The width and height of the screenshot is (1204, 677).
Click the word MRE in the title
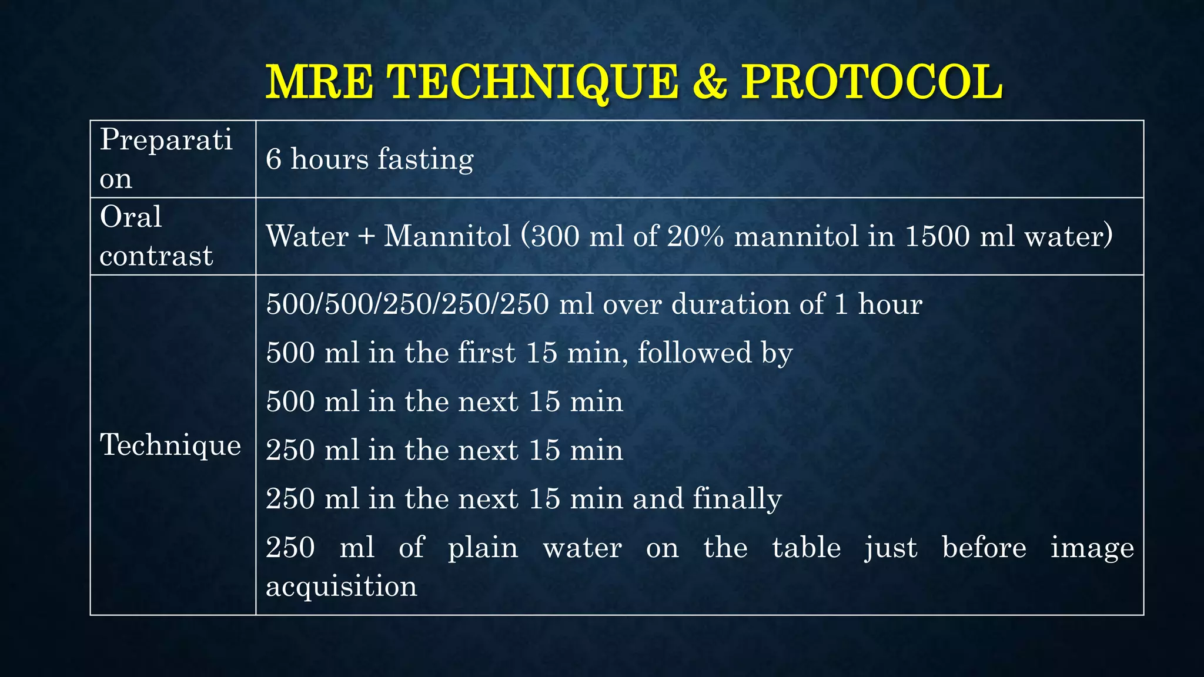coord(319,82)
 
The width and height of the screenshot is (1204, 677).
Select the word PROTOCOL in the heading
coord(872,82)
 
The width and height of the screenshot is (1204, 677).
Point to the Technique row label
coord(170,444)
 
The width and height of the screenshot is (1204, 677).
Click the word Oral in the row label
coord(131,217)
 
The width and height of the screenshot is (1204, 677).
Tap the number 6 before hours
coord(274,159)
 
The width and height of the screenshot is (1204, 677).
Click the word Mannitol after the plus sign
coord(447,236)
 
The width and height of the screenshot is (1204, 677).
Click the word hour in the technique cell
coord(890,304)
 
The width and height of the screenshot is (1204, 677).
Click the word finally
coord(737,499)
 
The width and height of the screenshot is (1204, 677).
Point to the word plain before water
coord(483,548)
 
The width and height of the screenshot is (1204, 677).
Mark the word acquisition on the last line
coord(342,586)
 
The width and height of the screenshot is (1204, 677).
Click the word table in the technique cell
coord(806,548)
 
